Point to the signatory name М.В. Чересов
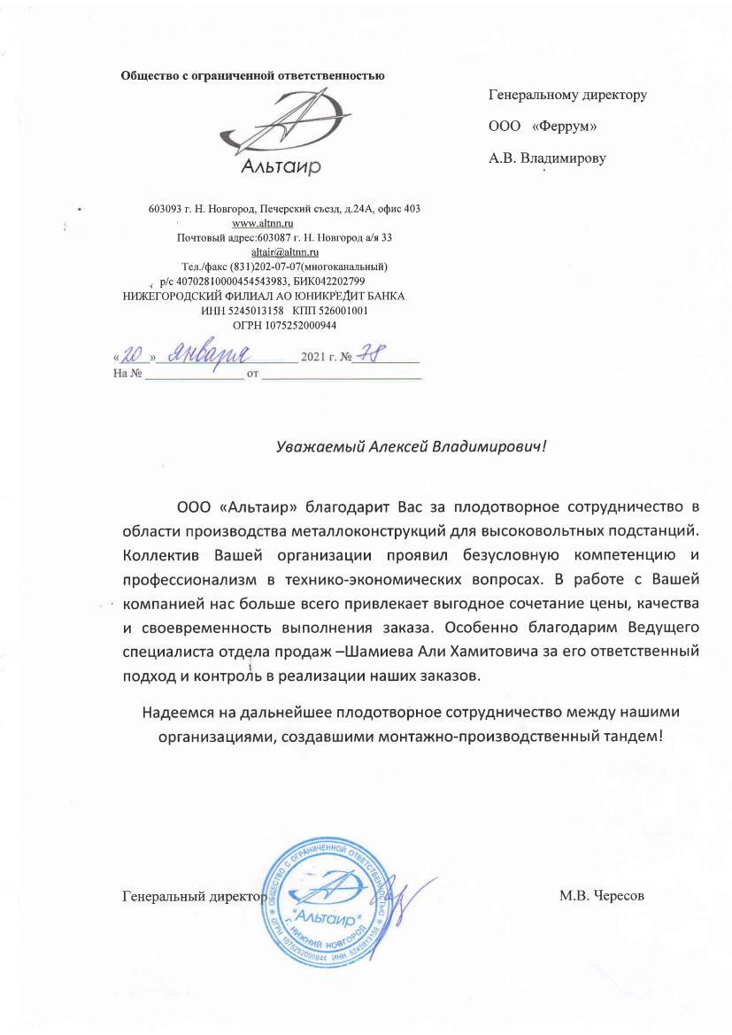click(x=602, y=895)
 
